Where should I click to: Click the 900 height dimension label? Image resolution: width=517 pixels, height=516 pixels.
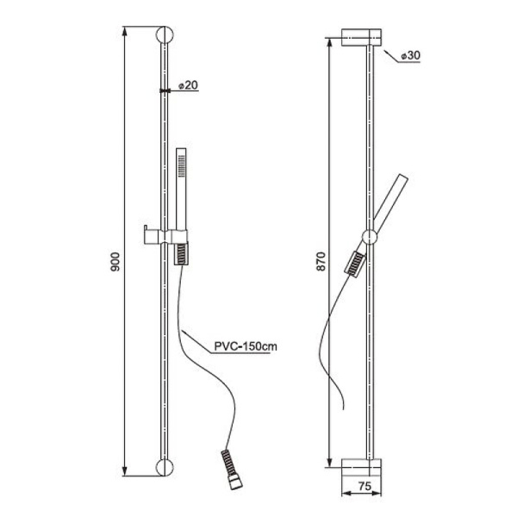[115, 262]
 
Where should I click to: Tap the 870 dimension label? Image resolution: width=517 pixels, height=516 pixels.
[321, 261]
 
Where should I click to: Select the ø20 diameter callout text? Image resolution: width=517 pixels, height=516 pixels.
[188, 85]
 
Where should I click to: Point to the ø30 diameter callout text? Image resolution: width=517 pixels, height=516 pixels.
[410, 55]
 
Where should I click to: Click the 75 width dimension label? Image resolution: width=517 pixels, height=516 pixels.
[364, 486]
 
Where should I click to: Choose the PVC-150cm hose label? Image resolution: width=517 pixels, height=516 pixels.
[246, 346]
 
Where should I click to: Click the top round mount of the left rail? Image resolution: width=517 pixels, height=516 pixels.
[165, 34]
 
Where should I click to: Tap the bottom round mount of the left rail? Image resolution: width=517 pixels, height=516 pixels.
[165, 467]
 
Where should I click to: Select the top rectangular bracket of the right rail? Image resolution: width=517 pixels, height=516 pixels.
[361, 37]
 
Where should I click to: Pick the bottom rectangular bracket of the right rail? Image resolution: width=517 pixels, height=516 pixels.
[361, 468]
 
